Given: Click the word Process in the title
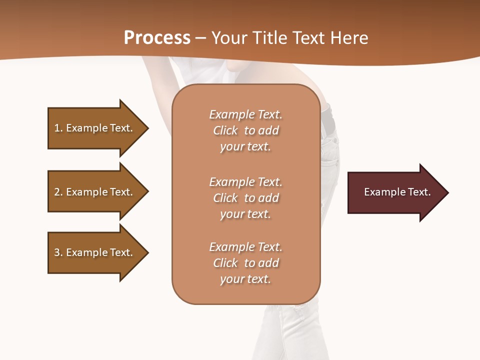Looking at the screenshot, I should coord(157,38).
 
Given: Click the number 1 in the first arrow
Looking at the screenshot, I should coord(57,128).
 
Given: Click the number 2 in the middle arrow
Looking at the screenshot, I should coord(57,192).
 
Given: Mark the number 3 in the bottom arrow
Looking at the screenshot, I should coord(57,252).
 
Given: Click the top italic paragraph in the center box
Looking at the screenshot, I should coord(245,130).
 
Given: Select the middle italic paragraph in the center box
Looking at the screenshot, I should coord(245,198).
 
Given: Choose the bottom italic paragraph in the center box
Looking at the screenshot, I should coord(245,263).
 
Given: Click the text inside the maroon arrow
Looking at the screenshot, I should coord(397,192).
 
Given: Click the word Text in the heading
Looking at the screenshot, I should coord(307,38).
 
